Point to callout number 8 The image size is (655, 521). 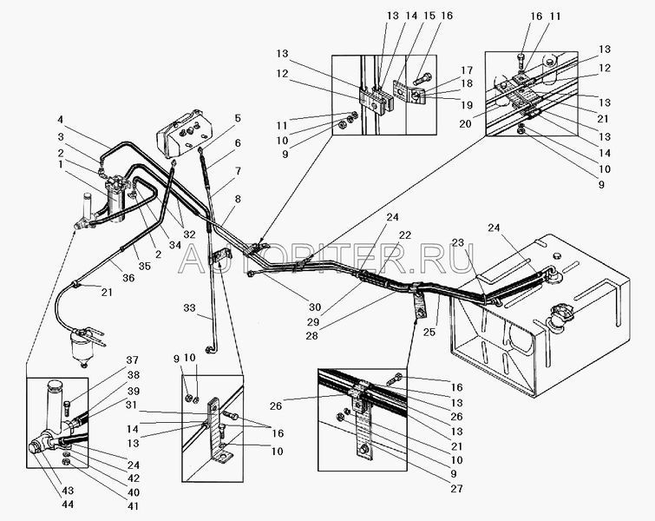pos(237,199)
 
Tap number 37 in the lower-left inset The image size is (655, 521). pos(134,361)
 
